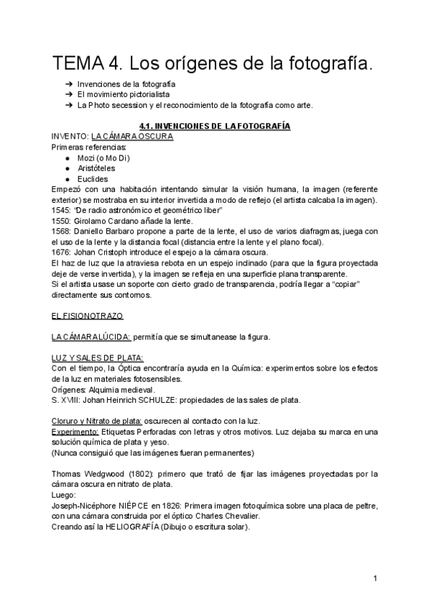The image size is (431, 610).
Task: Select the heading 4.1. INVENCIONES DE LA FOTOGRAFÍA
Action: [215, 126]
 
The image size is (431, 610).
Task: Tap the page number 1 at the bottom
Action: [376, 578]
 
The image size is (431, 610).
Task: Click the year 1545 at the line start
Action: [61, 209]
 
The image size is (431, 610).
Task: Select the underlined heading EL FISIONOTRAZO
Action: [87, 316]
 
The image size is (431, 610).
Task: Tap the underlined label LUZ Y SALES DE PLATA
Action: [98, 358]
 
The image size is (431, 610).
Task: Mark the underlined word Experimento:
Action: [75, 432]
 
